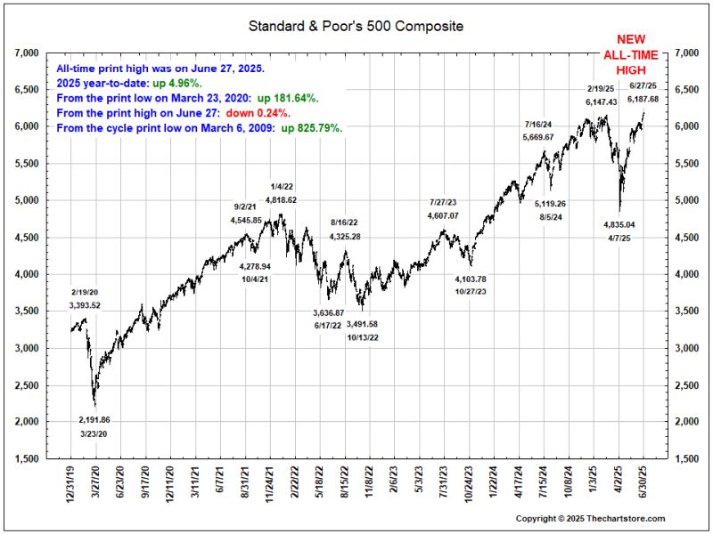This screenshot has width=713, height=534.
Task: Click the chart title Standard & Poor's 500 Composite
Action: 356,26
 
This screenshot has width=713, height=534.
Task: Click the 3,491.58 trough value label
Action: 362,324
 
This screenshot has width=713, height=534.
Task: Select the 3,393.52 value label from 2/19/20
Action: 85,305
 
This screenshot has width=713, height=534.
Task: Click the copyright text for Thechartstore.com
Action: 590,518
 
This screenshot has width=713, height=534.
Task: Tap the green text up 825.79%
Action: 312,128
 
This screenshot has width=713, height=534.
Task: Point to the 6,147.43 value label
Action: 602,103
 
